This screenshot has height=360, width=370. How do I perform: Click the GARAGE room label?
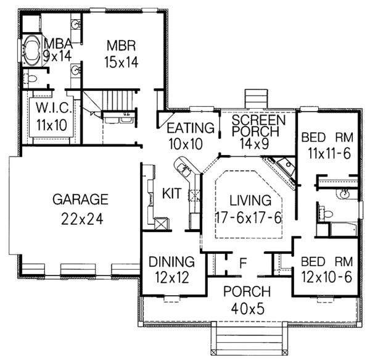tap(80, 199)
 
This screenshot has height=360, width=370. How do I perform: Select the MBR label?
tap(120, 45)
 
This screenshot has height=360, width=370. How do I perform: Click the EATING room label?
tap(191, 129)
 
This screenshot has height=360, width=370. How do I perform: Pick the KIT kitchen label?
tap(171, 194)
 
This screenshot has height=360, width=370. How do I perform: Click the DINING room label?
tap(172, 262)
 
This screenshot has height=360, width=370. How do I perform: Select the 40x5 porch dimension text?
tap(244, 309)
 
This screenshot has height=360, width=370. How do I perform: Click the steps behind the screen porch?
tap(255, 99)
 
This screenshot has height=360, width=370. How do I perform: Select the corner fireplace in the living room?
tap(281, 170)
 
